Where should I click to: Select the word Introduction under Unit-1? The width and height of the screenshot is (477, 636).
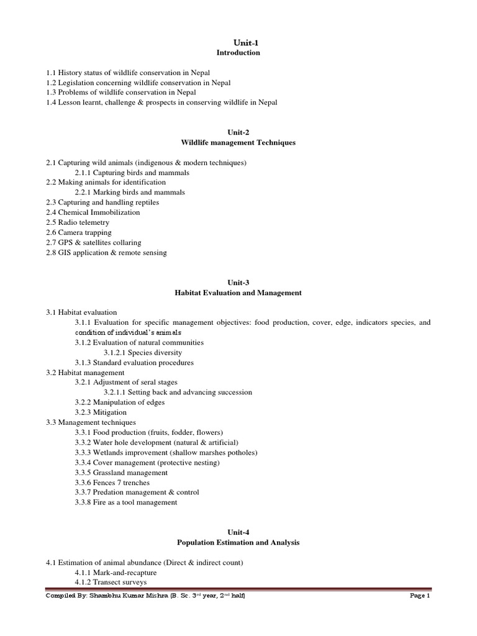pyautogui.click(x=238, y=53)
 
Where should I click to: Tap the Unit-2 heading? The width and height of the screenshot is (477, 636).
pyautogui.click(x=238, y=132)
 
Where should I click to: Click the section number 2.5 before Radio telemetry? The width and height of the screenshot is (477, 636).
pyautogui.click(x=51, y=222)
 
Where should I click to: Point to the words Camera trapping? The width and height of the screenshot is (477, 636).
pyautogui.click(x=85, y=232)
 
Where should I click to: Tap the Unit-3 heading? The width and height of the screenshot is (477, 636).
pyautogui.click(x=238, y=283)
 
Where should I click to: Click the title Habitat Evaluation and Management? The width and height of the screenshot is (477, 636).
pyautogui.click(x=238, y=293)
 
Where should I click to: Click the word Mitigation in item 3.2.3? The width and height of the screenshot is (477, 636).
pyautogui.click(x=110, y=412)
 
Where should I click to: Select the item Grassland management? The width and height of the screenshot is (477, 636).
pyautogui.click(x=125, y=472)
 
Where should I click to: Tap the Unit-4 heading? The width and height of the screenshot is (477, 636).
pyautogui.click(x=238, y=532)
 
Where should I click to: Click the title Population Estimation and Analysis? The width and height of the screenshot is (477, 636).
pyautogui.click(x=238, y=542)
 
